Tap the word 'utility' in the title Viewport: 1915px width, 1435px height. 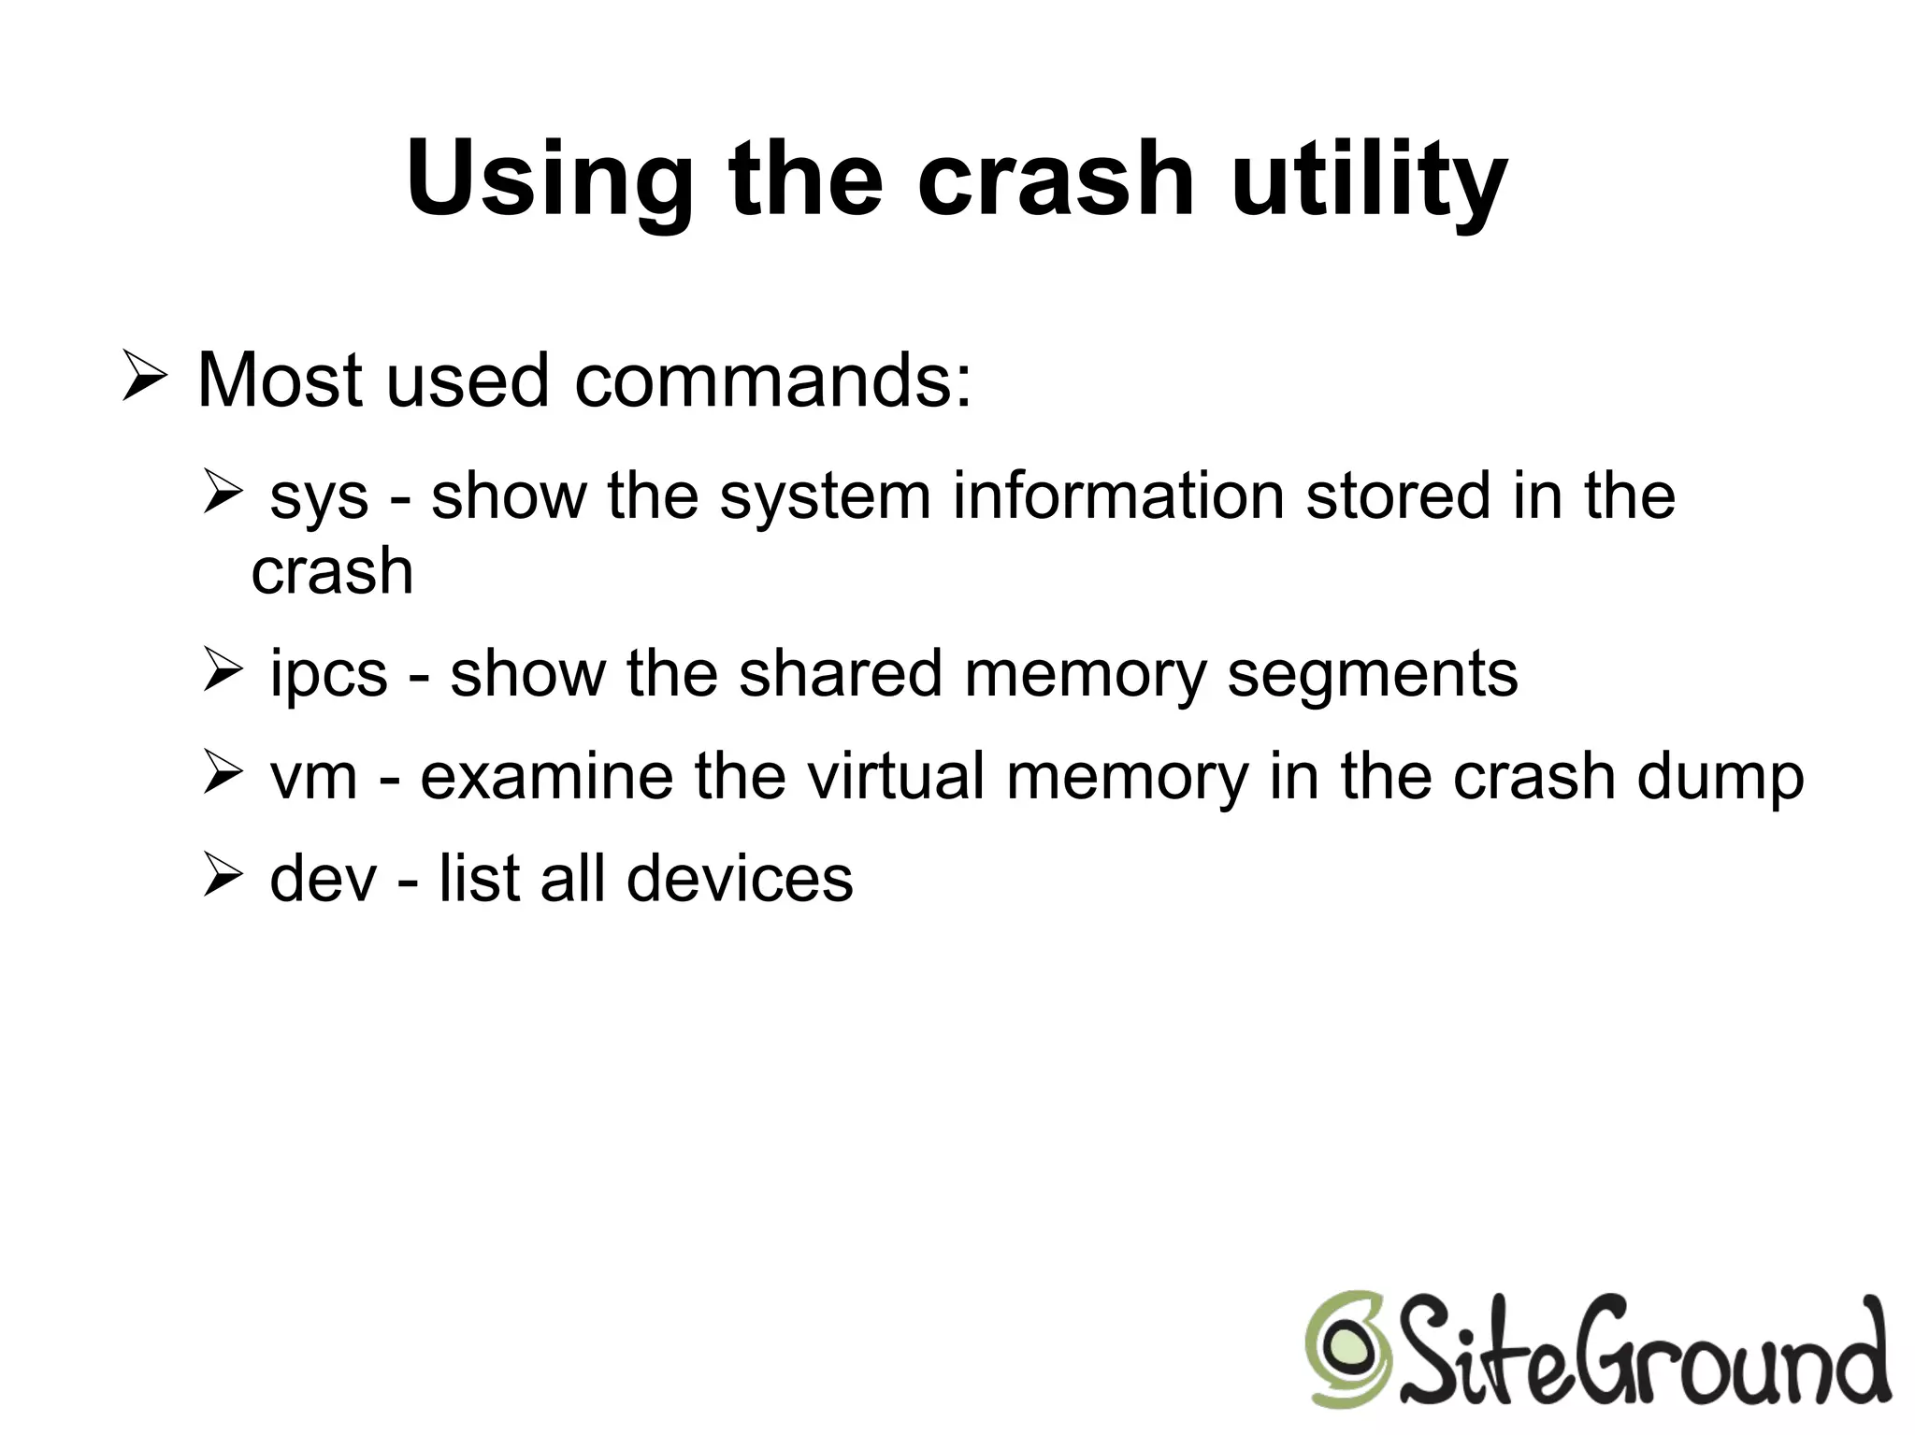tap(1369, 179)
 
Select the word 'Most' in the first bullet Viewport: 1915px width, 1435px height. tap(280, 380)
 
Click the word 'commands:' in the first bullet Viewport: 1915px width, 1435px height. tap(773, 380)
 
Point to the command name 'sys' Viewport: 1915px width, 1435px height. tap(319, 497)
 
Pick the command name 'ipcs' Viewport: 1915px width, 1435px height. tap(328, 674)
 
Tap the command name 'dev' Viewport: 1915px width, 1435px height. tap(323, 879)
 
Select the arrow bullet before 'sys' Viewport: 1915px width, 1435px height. tap(223, 494)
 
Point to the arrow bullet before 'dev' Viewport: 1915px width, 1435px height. tap(223, 876)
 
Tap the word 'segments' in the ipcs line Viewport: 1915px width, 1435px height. tap(1372, 674)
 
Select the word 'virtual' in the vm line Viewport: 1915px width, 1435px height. tap(896, 776)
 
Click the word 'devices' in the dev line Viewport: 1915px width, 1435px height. tap(739, 879)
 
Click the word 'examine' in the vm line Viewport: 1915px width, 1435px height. tap(546, 776)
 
